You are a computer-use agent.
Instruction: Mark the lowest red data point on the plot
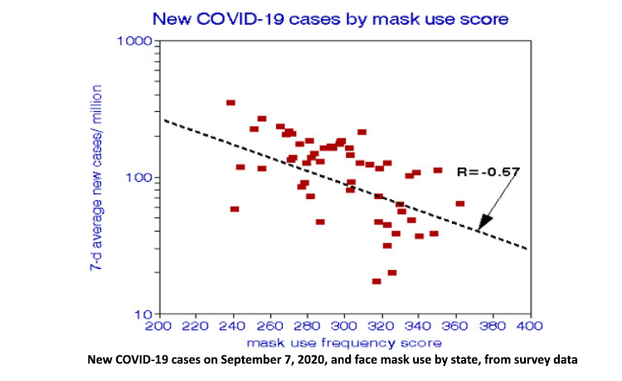click(x=377, y=281)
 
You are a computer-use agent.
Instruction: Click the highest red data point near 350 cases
click(x=231, y=103)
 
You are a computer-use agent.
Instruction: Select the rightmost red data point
click(x=460, y=203)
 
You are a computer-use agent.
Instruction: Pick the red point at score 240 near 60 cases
click(x=235, y=209)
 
